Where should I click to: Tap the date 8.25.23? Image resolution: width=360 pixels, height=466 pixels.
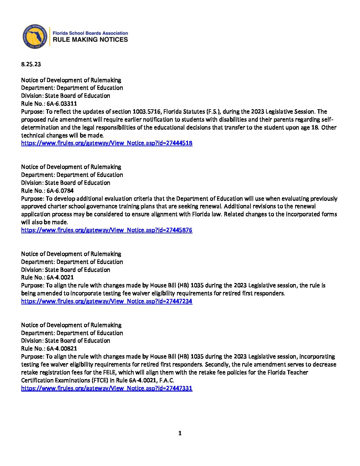point(31,64)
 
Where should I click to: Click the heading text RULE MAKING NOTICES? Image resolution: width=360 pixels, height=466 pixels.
point(90,40)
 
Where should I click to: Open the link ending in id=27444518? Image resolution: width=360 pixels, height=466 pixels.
point(107,143)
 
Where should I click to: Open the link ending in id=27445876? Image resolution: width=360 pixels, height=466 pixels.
point(107,230)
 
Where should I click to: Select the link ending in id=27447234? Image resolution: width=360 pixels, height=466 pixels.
point(107,301)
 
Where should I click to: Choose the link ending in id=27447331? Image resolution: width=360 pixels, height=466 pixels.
point(107,388)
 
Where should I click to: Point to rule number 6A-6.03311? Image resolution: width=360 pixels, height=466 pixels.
point(62,104)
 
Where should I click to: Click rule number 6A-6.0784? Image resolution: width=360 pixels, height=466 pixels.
point(60,191)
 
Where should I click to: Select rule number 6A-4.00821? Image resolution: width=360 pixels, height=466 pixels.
point(62,349)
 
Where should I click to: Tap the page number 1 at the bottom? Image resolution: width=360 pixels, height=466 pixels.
point(180,433)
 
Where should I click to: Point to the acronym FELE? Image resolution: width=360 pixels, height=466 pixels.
point(109,372)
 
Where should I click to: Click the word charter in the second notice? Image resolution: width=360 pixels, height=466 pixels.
point(58,207)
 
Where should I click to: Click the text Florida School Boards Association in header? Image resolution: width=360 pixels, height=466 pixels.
point(90,33)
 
